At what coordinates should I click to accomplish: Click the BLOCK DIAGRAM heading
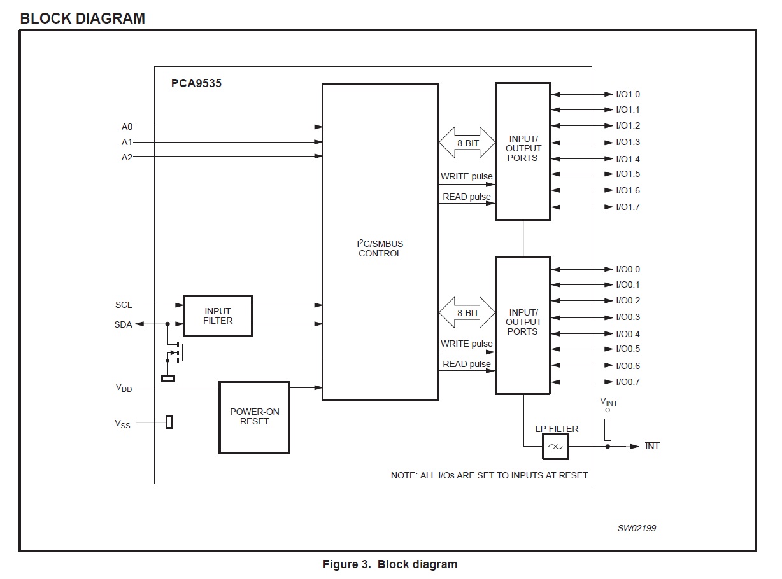(83, 18)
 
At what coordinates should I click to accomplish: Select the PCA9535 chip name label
(196, 83)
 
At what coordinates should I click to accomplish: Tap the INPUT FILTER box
(218, 316)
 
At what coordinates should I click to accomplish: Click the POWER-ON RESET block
(254, 417)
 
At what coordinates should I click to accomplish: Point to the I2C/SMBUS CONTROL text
(380, 248)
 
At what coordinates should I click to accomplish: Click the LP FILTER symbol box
(555, 447)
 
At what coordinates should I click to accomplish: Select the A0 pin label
(127, 127)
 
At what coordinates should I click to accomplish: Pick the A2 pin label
(127, 157)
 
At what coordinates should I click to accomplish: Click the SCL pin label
(124, 305)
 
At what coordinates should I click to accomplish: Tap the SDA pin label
(123, 324)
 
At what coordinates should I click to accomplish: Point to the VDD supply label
(124, 388)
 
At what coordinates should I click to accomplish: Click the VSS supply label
(123, 424)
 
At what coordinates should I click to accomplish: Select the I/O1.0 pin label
(627, 94)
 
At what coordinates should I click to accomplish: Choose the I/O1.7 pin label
(627, 207)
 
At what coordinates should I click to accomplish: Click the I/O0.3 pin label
(627, 317)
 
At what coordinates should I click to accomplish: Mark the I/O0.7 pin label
(627, 382)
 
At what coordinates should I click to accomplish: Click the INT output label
(652, 446)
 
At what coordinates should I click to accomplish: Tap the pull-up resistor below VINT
(608, 429)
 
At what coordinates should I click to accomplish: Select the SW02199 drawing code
(636, 528)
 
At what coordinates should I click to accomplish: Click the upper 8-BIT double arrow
(467, 143)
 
